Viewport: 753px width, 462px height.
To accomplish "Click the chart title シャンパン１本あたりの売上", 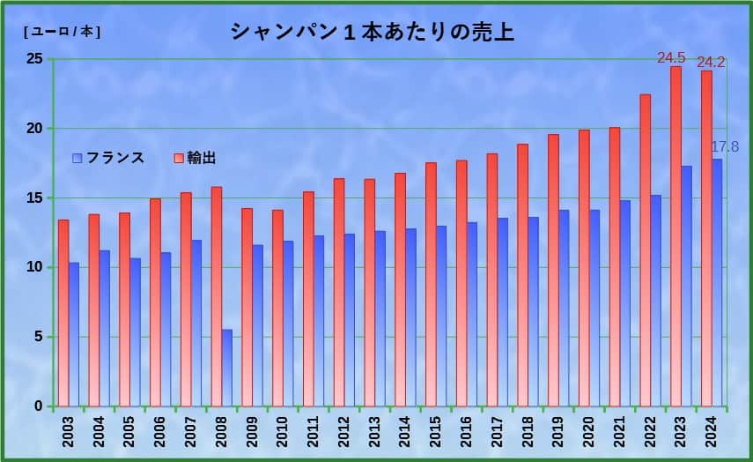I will tap(372, 33).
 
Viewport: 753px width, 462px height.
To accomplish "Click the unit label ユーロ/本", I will tap(62, 32).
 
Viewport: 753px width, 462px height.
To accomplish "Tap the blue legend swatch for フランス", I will tap(78, 158).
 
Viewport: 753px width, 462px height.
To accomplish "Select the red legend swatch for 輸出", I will tap(179, 158).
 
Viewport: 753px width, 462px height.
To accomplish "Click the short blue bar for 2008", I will tap(226, 368).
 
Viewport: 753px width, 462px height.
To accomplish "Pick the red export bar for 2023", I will tap(675, 236).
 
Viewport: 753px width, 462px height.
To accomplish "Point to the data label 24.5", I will tap(671, 58).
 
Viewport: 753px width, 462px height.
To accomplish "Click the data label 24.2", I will tap(710, 62).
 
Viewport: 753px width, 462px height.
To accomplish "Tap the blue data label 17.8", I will tap(725, 146).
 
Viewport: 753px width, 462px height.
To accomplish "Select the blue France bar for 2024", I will tap(717, 282).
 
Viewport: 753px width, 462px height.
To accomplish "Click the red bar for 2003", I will tap(63, 313).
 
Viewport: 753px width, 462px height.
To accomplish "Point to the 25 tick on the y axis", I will tap(34, 59).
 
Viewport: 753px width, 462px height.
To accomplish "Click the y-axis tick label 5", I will tap(38, 336).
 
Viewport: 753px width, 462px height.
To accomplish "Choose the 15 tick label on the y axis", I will tap(34, 197).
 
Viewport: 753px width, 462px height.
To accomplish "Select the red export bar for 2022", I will tap(646, 250).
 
